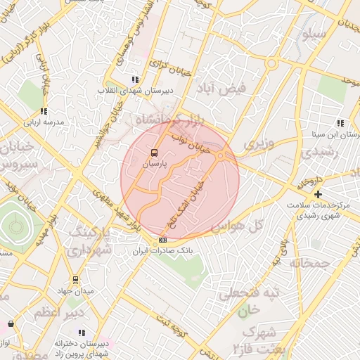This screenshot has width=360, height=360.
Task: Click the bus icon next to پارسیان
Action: (x=154, y=152)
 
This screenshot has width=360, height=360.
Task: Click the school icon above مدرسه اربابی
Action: (x=44, y=111)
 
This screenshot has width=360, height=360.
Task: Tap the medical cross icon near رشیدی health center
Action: (x=319, y=194)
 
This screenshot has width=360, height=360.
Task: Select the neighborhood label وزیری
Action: (x=256, y=143)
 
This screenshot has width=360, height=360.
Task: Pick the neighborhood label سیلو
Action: (x=313, y=34)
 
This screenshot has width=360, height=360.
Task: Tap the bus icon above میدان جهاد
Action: (x=75, y=280)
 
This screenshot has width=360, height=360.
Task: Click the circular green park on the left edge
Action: (x=15, y=225)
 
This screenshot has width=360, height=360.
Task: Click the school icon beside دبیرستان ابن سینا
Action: (x=340, y=123)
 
